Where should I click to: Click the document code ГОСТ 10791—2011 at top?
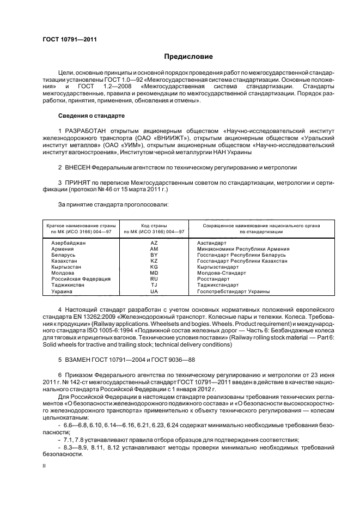point(66,39)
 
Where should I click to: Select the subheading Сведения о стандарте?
point(91,116)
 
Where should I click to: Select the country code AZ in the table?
point(154,242)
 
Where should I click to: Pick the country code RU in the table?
point(154,278)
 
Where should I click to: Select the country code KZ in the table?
point(154,261)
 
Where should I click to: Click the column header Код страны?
point(154,225)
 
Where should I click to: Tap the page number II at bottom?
point(45,466)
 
